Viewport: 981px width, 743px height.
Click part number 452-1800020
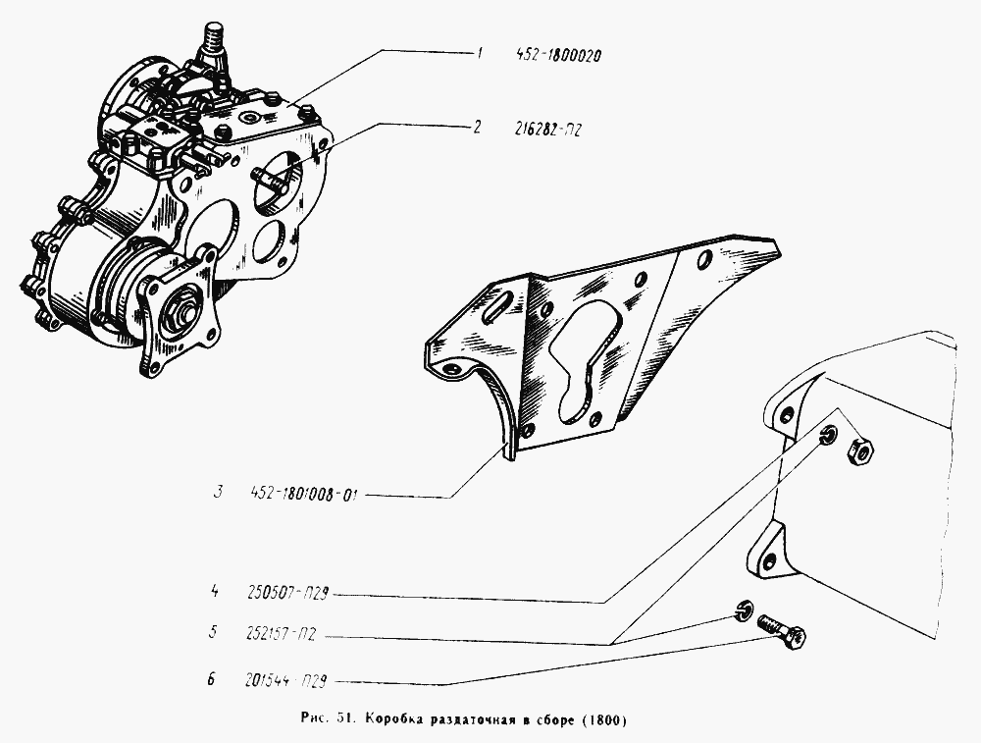pyautogui.click(x=559, y=55)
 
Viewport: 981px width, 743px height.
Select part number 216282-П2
pyautogui.click(x=547, y=130)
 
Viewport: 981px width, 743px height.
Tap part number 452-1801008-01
pyautogui.click(x=303, y=495)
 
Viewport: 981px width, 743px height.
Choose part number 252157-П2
pyautogui.click(x=281, y=634)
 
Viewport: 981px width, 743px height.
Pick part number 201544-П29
pyautogui.click(x=285, y=681)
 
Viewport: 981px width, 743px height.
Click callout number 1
pyautogui.click(x=480, y=54)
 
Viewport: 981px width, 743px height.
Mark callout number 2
pyautogui.click(x=478, y=128)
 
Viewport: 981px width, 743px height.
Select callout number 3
pyautogui.click(x=217, y=492)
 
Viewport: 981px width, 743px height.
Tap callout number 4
pyautogui.click(x=215, y=590)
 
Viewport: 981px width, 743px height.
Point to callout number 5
pyautogui.click(x=213, y=631)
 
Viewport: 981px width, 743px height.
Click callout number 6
pyautogui.click(x=212, y=678)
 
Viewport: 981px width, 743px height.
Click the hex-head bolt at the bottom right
pyautogui.click(x=782, y=630)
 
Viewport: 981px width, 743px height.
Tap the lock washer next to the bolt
pyautogui.click(x=743, y=610)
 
